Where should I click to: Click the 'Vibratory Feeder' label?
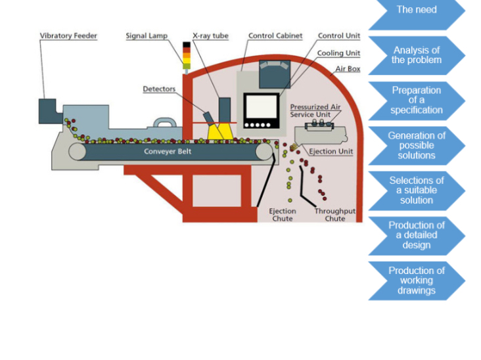[68, 36]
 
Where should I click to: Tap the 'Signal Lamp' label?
[147, 36]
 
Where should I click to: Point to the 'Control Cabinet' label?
[275, 36]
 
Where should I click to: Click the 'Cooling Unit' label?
[338, 53]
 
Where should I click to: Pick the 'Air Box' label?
[348, 68]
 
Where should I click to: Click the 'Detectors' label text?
[159, 89]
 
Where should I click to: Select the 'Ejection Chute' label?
[283, 215]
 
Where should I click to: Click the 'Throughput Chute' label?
[334, 215]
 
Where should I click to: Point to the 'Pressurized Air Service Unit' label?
[315, 110]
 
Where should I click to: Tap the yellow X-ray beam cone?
[221, 131]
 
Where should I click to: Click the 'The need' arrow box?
[416, 11]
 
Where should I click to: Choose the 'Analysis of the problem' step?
[416, 55]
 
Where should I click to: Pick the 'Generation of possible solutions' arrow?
[416, 145]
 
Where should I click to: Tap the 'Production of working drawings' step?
[416, 281]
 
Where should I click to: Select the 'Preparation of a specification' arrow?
[416, 100]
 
